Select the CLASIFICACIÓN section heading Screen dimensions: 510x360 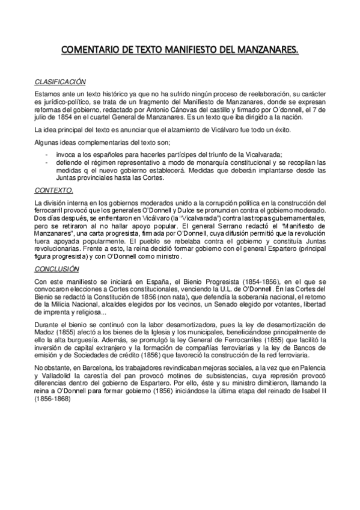[x=59, y=82]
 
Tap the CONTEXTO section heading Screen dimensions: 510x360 [x=54, y=190]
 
